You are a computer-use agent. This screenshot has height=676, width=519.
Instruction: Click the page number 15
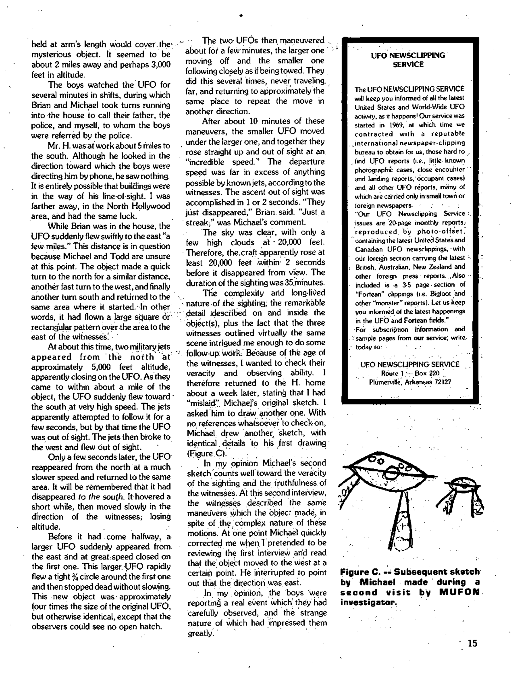(472, 643)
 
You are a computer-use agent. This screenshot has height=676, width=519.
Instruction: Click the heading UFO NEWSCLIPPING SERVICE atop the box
(408, 60)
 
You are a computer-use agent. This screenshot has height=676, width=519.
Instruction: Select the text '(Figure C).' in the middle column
(207, 453)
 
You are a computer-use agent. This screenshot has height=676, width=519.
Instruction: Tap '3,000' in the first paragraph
(160, 65)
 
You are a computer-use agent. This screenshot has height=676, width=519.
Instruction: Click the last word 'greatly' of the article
(200, 633)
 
